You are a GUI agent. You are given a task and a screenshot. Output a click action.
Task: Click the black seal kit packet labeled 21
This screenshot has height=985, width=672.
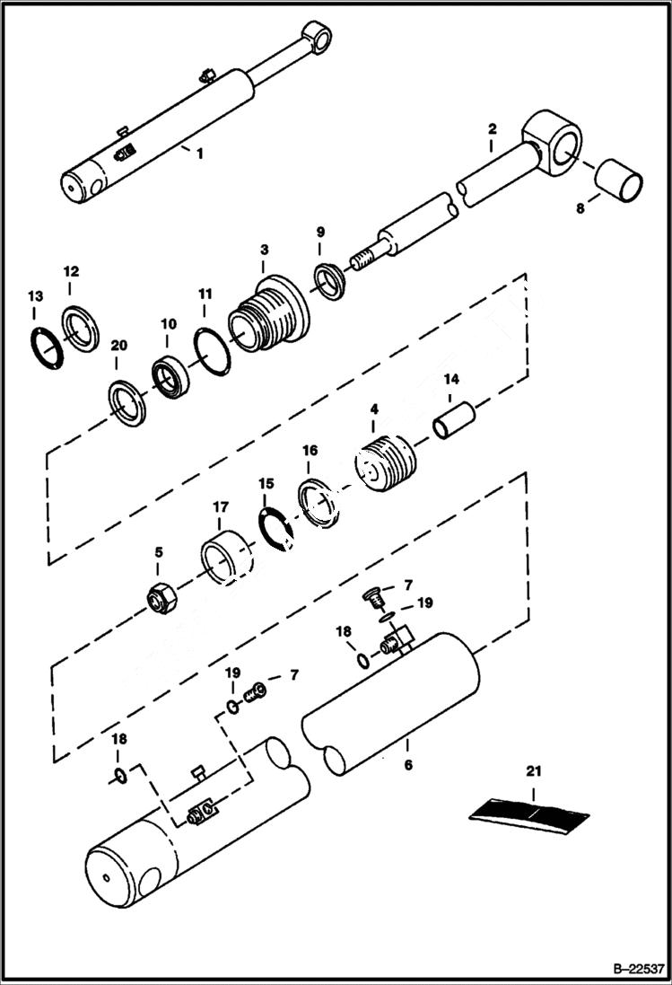pyautogui.click(x=529, y=814)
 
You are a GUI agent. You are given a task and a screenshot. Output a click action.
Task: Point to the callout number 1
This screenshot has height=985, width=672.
pyautogui.click(x=199, y=154)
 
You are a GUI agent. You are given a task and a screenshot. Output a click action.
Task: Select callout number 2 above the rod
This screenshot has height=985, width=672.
pyautogui.click(x=492, y=128)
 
